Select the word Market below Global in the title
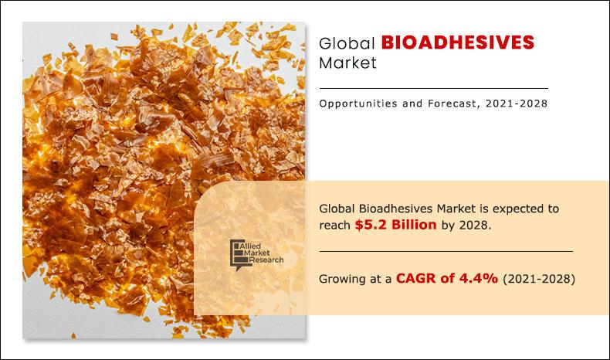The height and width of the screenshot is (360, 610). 347,63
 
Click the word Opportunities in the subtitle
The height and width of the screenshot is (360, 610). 359,104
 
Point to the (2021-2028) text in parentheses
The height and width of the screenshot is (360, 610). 539,279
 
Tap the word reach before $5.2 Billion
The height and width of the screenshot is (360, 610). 335,225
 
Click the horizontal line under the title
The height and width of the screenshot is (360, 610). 433,88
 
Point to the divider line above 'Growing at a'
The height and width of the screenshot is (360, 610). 446,251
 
